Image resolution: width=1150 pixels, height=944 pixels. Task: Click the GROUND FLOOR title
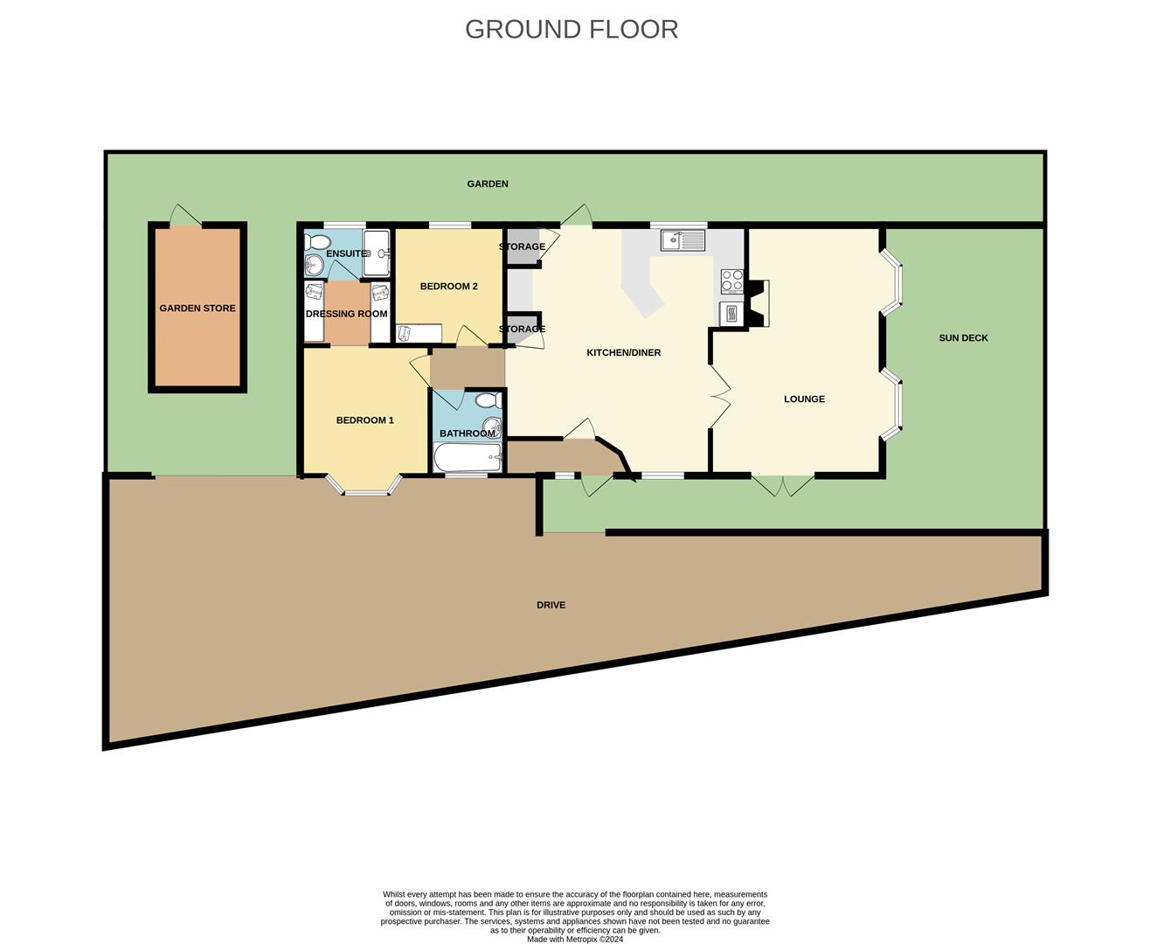571,30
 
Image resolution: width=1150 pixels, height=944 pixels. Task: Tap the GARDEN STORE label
197,309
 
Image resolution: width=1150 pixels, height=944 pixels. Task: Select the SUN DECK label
963,338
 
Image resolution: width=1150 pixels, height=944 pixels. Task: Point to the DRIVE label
551,605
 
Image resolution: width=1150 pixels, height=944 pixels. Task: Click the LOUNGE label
804,399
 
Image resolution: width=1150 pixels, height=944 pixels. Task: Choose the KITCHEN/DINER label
623,353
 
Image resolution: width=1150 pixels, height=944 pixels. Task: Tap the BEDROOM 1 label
364,420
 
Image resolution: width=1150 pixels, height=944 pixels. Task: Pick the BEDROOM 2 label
449,287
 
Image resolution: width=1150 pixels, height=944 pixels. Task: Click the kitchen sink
682,240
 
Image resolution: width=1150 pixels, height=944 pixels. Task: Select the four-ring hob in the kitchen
731,281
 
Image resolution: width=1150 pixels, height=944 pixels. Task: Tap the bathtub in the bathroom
468,457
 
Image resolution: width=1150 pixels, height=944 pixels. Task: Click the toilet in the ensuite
317,241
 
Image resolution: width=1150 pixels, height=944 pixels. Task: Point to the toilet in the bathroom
488,401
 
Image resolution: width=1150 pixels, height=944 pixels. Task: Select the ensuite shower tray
377,253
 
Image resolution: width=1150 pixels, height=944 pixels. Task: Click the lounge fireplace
758,304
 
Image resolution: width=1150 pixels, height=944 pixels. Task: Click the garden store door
185,215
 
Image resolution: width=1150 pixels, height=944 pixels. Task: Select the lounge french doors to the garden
783,485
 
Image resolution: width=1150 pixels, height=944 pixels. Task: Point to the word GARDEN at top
488,184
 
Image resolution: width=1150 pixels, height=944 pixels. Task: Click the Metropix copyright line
575,939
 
